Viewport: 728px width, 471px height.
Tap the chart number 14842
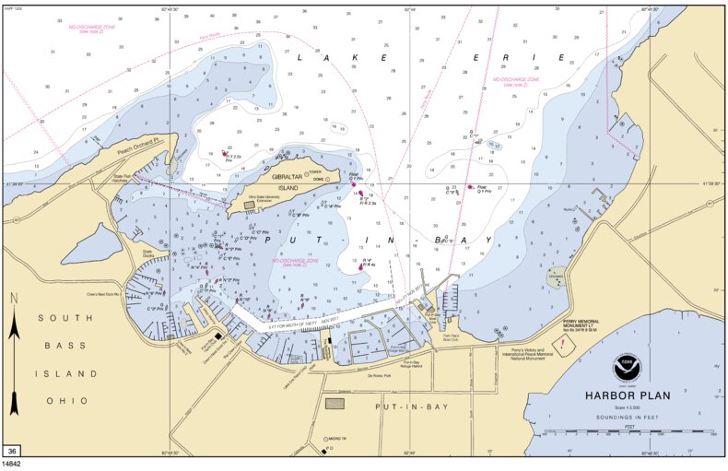pyautogui.click(x=12, y=464)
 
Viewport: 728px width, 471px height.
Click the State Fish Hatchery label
pyautogui.click(x=123, y=178)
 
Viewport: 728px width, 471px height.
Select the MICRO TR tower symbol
pyautogui.click(x=324, y=438)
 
